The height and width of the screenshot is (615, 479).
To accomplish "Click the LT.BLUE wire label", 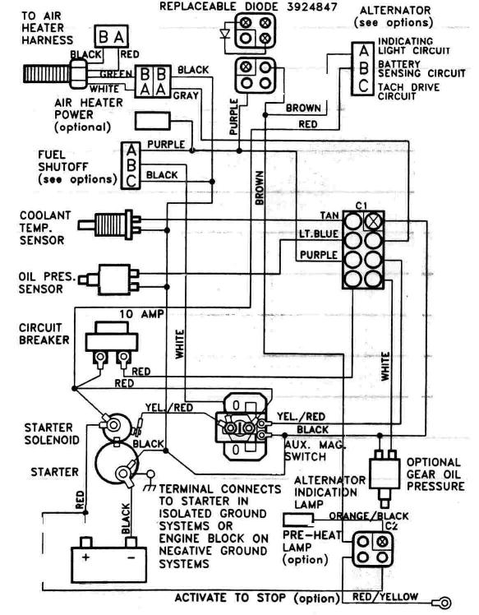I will (x=315, y=234).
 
